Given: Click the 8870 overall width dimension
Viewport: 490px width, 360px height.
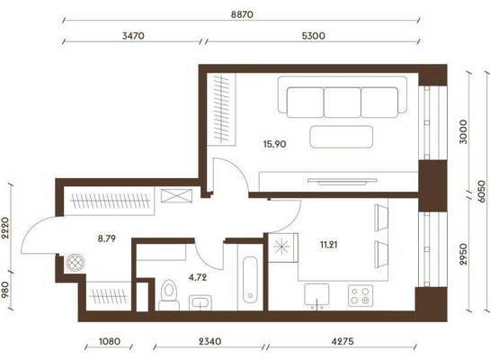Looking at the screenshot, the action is [242, 14].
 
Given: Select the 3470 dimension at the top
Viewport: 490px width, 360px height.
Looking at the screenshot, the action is [133, 36].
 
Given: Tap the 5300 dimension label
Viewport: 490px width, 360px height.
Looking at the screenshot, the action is [313, 36].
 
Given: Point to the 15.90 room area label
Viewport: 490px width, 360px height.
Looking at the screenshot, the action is [275, 144].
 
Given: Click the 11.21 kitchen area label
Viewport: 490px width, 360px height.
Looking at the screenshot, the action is [329, 245].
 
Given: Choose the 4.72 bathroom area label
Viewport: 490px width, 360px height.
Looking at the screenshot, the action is [198, 277].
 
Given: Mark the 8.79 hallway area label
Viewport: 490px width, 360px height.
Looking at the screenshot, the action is [107, 238].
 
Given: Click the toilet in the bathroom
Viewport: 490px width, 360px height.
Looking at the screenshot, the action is [169, 295].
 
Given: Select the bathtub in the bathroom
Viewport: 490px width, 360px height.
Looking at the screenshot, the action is [250, 280].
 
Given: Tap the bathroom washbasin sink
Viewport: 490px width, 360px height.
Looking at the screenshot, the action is [200, 302].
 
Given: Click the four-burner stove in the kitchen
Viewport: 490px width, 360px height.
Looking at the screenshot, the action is [361, 295].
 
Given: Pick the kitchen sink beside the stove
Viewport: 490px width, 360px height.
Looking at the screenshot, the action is [316, 295].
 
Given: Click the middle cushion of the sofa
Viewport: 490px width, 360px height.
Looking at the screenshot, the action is [343, 103].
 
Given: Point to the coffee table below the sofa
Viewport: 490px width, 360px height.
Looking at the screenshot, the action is [342, 137].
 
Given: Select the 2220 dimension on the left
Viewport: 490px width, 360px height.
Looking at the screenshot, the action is [5, 228].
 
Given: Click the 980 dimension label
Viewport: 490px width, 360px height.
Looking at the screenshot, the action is [5, 290].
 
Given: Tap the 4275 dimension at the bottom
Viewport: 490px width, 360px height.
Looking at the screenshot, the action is [343, 341].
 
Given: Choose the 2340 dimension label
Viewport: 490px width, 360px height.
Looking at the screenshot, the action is [210, 341].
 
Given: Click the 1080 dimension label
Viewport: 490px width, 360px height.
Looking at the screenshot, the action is [110, 341].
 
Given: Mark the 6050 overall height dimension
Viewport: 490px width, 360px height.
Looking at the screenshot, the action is [483, 191].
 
